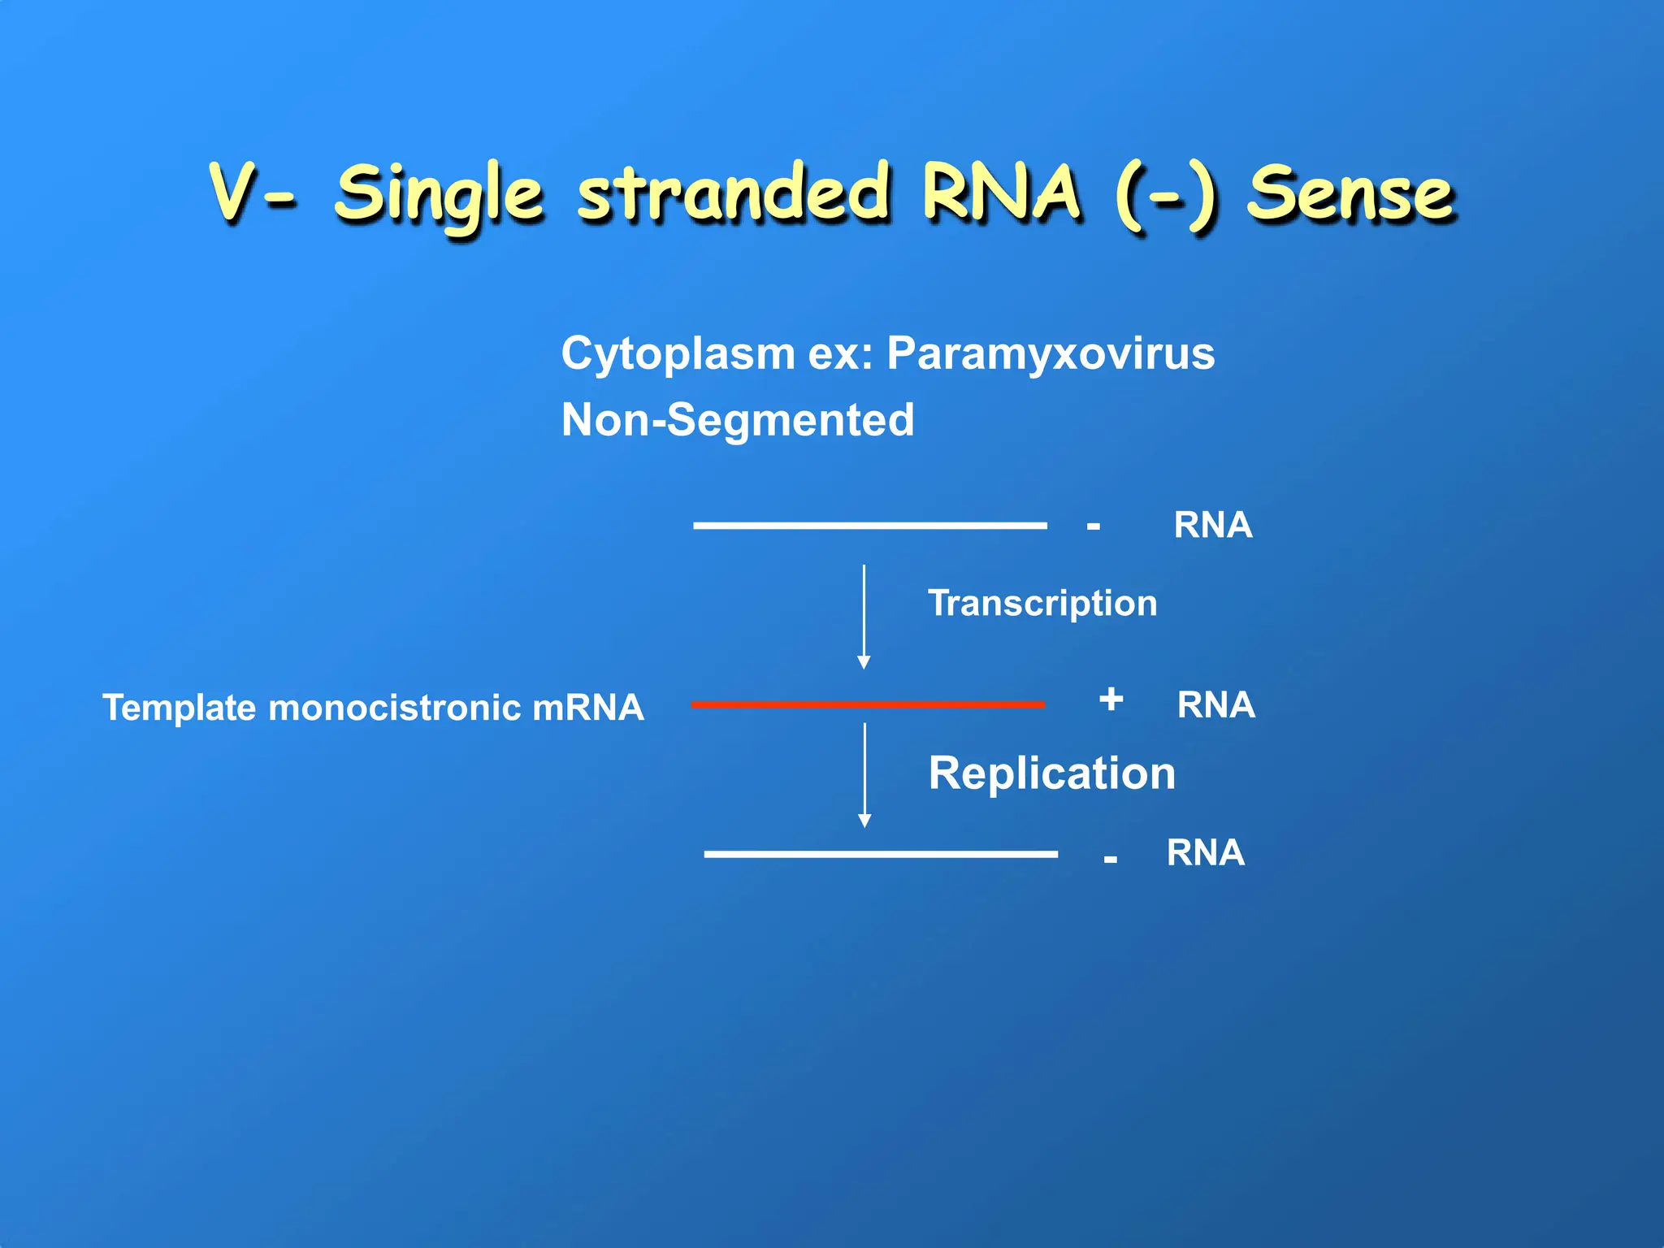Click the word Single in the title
pyautogui.click(x=439, y=195)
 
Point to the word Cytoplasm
pyautogui.click(x=678, y=354)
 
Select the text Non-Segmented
pyautogui.click(x=737, y=420)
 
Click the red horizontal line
pyautogui.click(x=867, y=704)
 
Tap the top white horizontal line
pyautogui.click(x=869, y=526)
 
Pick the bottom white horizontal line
pyautogui.click(x=881, y=854)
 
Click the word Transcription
pyautogui.click(x=1042, y=604)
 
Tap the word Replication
pyautogui.click(x=1051, y=773)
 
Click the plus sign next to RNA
pyautogui.click(x=1111, y=700)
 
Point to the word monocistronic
pyautogui.click(x=394, y=708)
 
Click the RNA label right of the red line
pyautogui.click(x=1215, y=704)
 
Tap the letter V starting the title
pyautogui.click(x=234, y=193)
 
